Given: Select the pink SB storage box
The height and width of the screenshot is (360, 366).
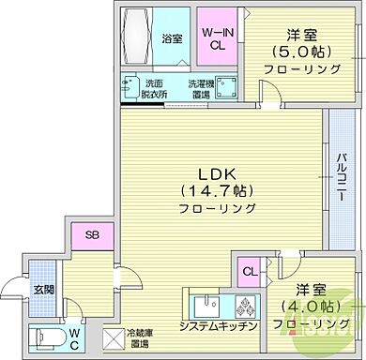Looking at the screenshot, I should [90, 235].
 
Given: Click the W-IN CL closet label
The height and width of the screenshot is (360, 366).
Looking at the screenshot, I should [218, 37].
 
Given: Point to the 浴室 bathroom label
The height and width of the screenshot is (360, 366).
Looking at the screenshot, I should [171, 39].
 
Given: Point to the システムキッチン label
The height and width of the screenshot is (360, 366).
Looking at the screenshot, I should [220, 326].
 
